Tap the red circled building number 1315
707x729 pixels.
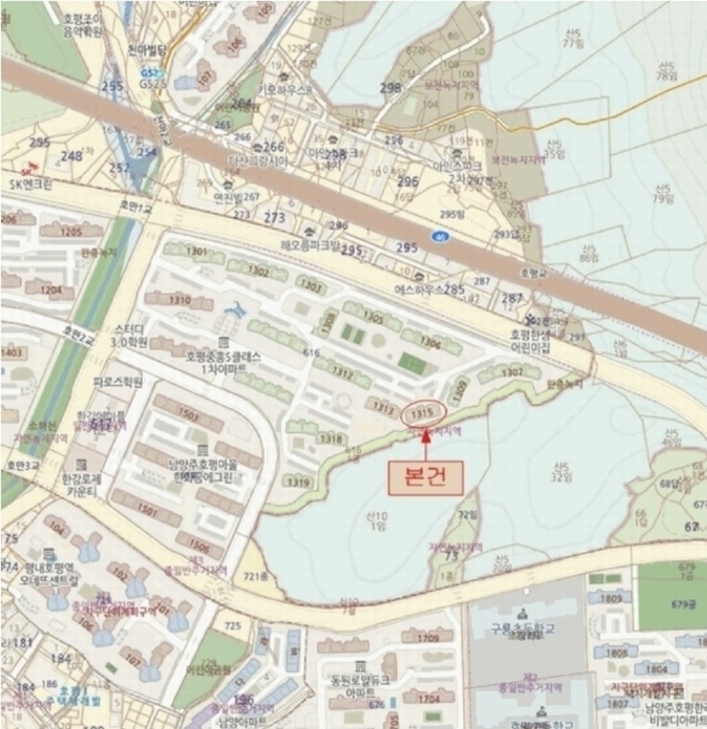click(423, 412)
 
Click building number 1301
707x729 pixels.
click(197, 251)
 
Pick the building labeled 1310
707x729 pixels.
click(179, 300)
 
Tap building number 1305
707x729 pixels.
click(373, 319)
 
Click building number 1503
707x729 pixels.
click(189, 414)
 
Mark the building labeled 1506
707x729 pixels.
click(200, 547)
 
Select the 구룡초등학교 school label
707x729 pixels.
click(523, 629)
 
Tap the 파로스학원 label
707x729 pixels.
click(118, 383)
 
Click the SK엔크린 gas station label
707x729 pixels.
click(31, 184)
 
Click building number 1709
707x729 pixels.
click(429, 638)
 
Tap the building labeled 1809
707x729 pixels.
click(610, 599)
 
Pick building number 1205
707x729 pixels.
click(72, 232)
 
